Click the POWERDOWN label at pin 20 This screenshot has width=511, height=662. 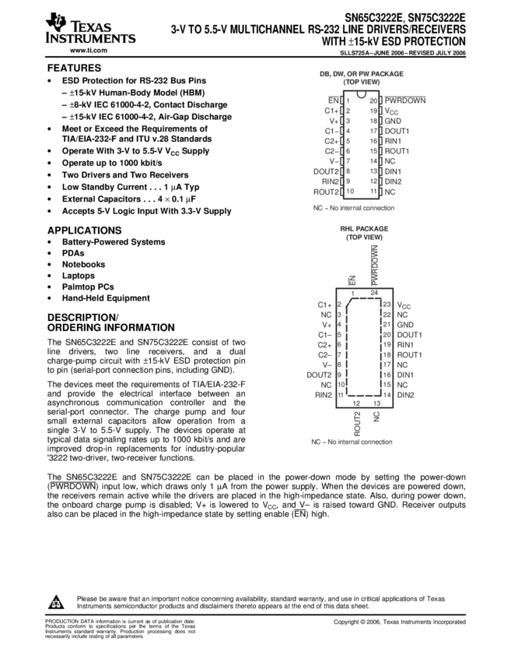405,100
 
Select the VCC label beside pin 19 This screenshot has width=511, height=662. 391,111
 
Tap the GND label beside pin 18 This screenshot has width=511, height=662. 392,121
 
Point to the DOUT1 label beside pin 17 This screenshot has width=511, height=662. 397,131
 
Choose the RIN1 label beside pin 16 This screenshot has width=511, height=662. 393,141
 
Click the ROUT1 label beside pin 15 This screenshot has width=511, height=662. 397,151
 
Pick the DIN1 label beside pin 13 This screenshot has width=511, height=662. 393,171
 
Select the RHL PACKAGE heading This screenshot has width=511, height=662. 363,229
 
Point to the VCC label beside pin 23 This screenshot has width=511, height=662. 404,305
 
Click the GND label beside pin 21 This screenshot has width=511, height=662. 405,325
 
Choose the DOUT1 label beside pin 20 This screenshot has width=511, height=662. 409,335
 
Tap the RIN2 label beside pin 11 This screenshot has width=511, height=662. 324,396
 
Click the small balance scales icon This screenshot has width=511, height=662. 56,604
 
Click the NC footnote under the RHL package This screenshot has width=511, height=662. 352,442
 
